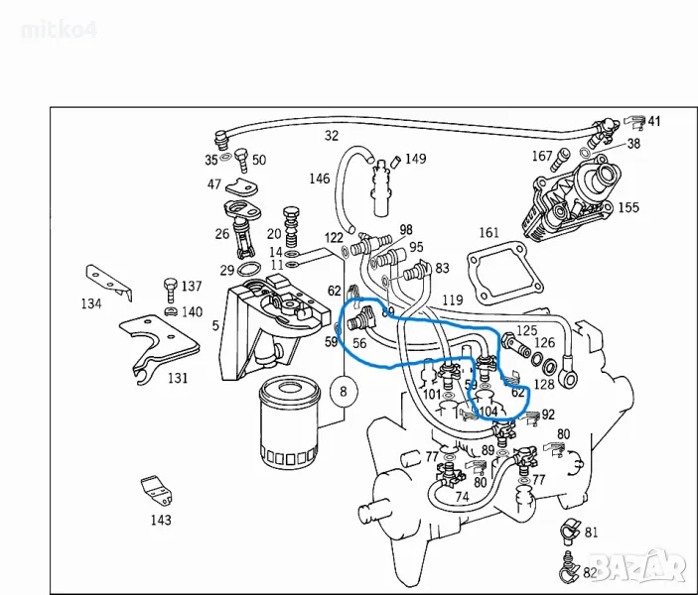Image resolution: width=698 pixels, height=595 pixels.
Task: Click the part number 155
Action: [x=628, y=208]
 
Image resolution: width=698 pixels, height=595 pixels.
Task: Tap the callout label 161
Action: [x=489, y=234]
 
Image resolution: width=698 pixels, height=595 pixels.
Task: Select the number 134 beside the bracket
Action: [x=91, y=303]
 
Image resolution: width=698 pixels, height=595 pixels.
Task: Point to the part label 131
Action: [x=177, y=378]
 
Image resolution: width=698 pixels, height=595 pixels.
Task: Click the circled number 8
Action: [x=344, y=392]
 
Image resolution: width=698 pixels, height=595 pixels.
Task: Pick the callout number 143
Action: [x=160, y=519]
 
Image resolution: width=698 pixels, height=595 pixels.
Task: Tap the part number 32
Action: [x=332, y=135]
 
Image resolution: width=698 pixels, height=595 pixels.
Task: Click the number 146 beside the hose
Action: [x=319, y=178]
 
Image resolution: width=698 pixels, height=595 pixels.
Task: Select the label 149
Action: [x=415, y=159]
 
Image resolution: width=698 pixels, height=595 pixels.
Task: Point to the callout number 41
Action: [x=653, y=121]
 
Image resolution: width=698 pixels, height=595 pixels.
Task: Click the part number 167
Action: [x=541, y=156]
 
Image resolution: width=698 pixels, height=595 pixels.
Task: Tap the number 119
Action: [x=453, y=298]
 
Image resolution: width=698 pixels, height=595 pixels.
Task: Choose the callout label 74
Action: [x=462, y=497]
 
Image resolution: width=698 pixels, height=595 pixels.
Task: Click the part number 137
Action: [x=191, y=287]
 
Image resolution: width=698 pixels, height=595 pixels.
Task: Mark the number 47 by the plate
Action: [x=214, y=184]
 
